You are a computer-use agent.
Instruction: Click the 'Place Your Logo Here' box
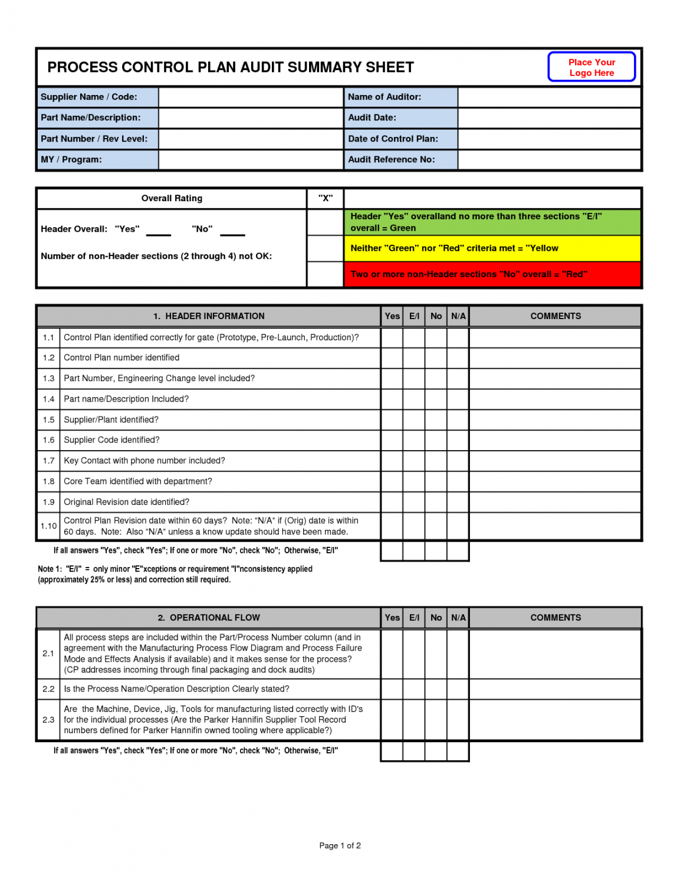(591, 67)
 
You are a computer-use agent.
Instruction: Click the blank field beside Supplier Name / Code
(251, 97)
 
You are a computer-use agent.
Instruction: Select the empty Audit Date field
(549, 118)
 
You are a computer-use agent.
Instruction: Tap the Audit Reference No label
(391, 160)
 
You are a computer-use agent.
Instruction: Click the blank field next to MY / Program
(251, 160)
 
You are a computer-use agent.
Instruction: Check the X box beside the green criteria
(325, 222)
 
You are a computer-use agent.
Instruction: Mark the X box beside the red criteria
(325, 274)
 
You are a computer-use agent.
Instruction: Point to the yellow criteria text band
(492, 248)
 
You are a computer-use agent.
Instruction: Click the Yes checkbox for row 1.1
(392, 338)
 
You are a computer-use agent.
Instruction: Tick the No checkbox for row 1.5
(436, 420)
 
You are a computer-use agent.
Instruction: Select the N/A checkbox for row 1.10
(458, 526)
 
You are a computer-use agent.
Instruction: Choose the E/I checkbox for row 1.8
(414, 481)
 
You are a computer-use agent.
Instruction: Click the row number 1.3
(48, 379)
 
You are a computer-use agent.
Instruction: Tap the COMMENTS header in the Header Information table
(556, 316)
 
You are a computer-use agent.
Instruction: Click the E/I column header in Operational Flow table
(414, 618)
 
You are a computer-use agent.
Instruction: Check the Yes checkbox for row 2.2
(392, 689)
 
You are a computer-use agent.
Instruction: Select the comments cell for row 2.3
(555, 720)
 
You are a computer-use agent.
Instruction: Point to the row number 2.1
(48, 654)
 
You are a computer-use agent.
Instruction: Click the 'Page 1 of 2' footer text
(340, 845)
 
